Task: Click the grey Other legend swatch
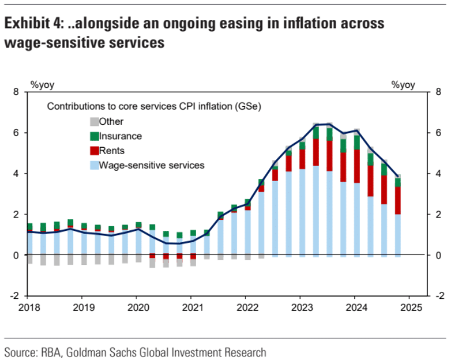coord(94,122)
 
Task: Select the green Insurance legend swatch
coord(94,136)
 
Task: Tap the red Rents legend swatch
coord(94,151)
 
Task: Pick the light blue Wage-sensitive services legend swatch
coord(94,165)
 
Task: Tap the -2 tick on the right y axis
coord(436,297)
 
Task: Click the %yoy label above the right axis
coord(403,85)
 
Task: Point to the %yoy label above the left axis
coord(43,85)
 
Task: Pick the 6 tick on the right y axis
coord(436,133)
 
